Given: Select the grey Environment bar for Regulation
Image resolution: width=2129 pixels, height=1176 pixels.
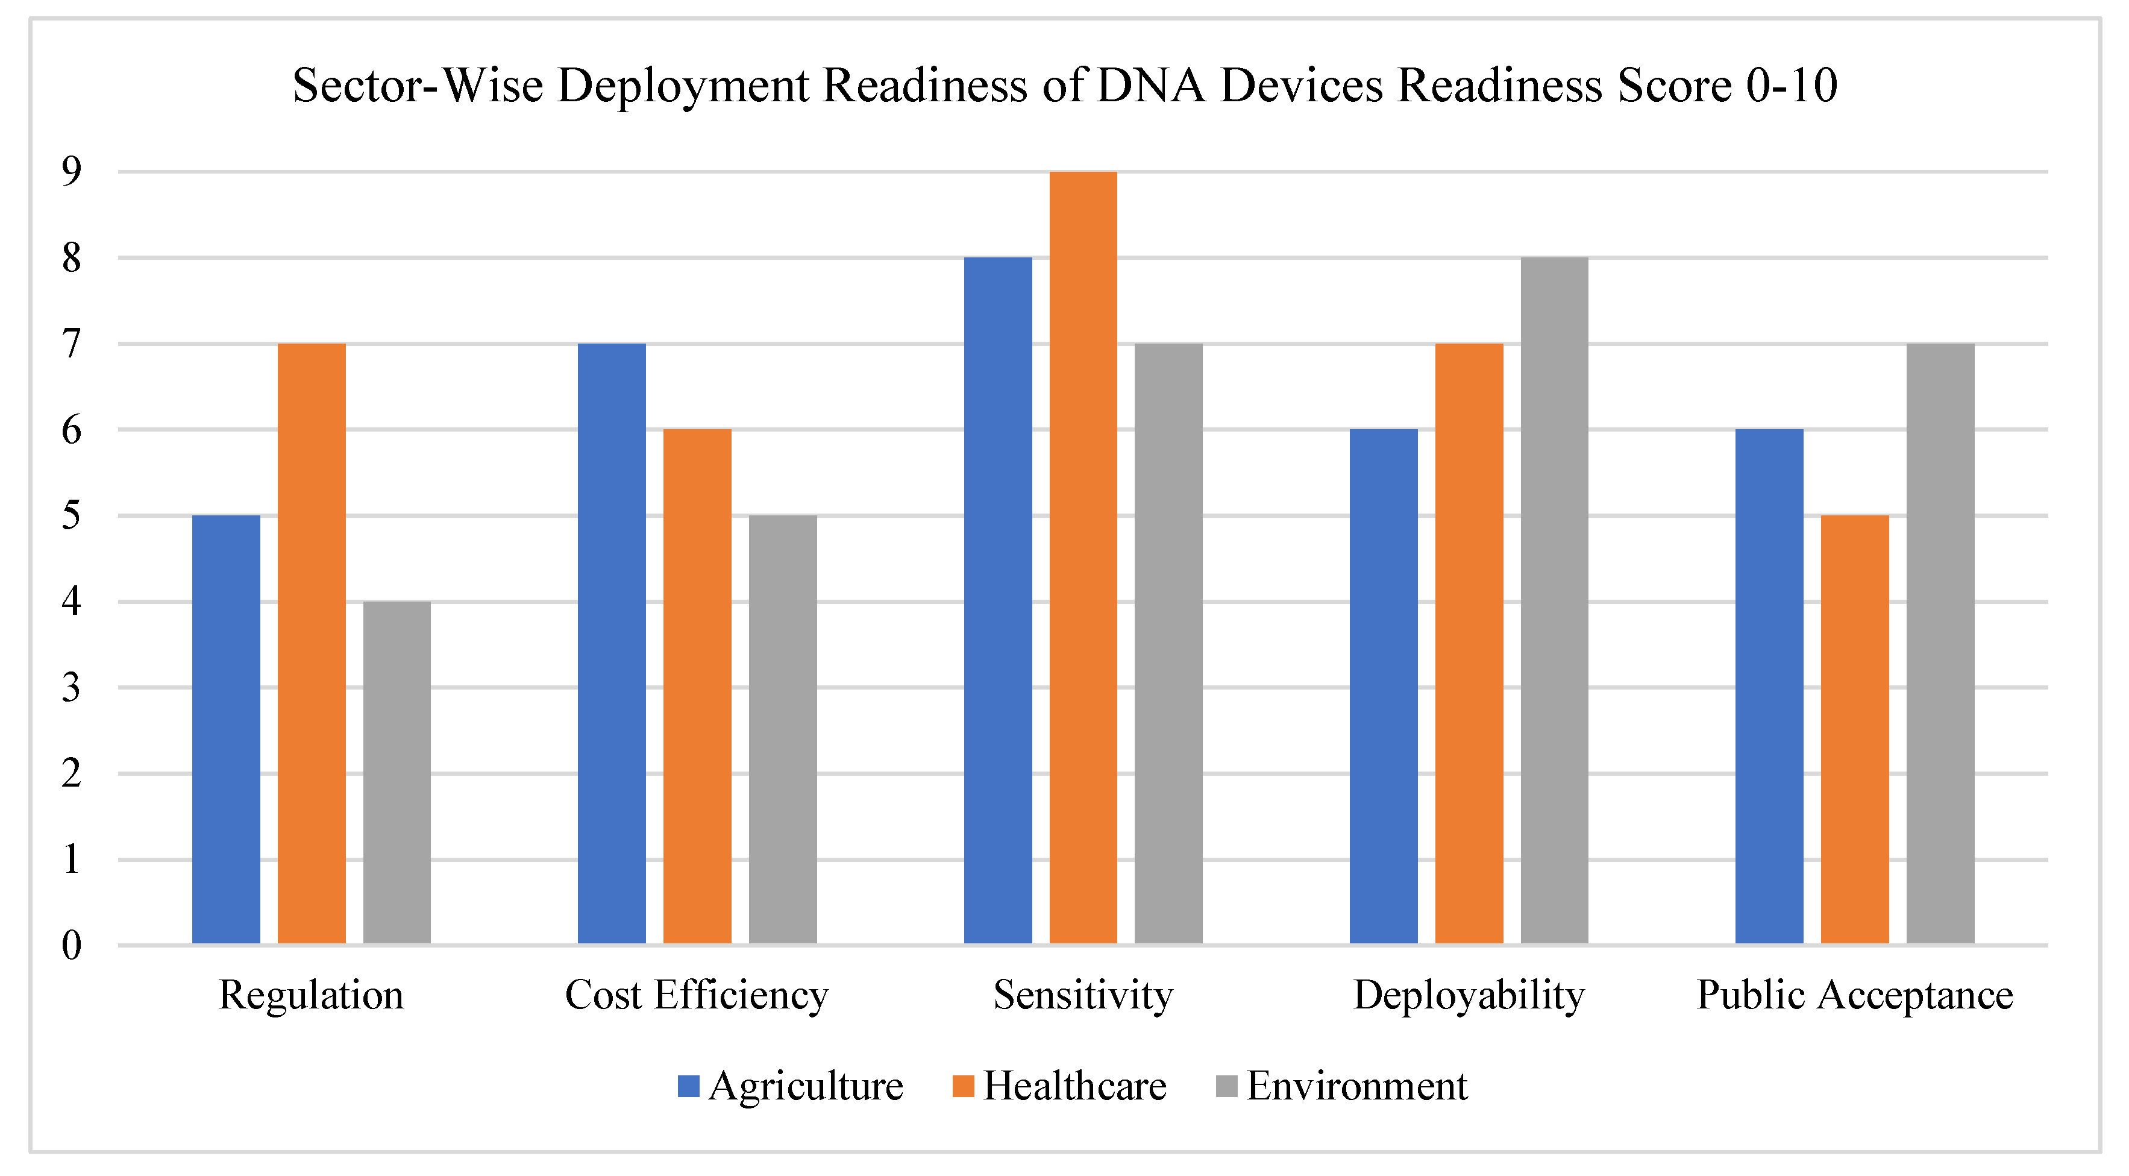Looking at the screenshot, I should [x=397, y=773].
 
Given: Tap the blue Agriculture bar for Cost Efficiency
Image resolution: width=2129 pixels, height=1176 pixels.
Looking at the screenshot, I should [x=612, y=644].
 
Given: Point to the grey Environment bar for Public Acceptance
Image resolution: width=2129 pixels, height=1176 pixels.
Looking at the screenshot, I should [x=1940, y=644].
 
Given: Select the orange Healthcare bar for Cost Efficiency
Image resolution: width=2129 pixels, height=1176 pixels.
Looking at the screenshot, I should [x=697, y=687].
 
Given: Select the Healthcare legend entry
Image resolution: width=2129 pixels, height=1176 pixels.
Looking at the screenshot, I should [x=1059, y=1086].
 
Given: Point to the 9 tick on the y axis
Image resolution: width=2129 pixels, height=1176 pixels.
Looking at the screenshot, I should [x=72, y=171].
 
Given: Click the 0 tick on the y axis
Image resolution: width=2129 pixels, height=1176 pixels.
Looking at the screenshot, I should [x=72, y=945].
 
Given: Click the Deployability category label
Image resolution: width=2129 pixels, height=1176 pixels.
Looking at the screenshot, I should [x=1469, y=995].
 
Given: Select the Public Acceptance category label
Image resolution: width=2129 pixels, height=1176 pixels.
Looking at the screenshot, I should [x=1855, y=995].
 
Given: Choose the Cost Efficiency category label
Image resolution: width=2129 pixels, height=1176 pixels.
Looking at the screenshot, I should [x=697, y=995].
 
